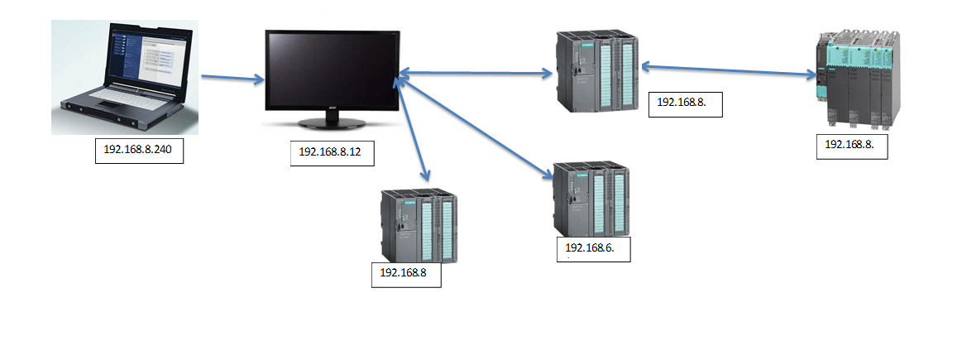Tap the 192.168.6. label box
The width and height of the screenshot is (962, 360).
pyautogui.click(x=594, y=249)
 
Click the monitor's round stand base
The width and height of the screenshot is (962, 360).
pyautogui.click(x=331, y=123)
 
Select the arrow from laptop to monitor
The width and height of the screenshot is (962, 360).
pyautogui.click(x=232, y=79)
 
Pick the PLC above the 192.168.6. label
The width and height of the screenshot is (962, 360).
pyautogui.click(x=592, y=199)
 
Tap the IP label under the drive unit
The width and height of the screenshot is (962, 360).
pyautogui.click(x=852, y=145)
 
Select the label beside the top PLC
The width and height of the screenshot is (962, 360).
pyautogui.click(x=686, y=104)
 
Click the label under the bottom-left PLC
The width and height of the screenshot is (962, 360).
pyautogui.click(x=406, y=274)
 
